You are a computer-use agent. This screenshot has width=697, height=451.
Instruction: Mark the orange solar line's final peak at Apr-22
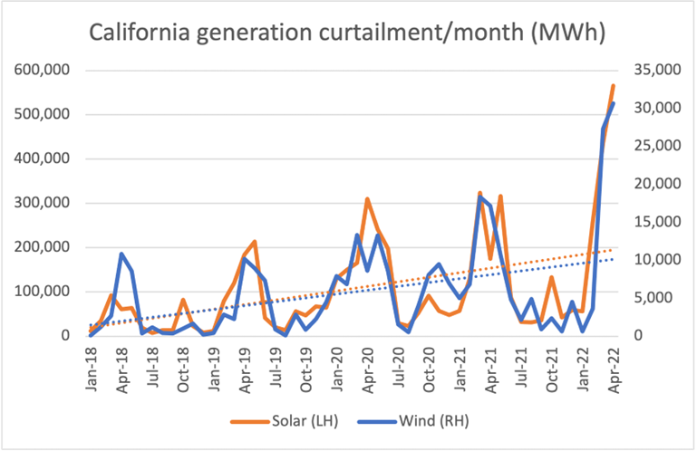tap(613, 86)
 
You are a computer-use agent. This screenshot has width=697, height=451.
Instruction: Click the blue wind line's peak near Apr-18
tap(121, 254)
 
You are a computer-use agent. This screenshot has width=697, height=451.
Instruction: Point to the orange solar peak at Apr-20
tap(367, 199)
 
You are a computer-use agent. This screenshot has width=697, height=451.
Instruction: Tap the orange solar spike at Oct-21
tap(551, 277)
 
